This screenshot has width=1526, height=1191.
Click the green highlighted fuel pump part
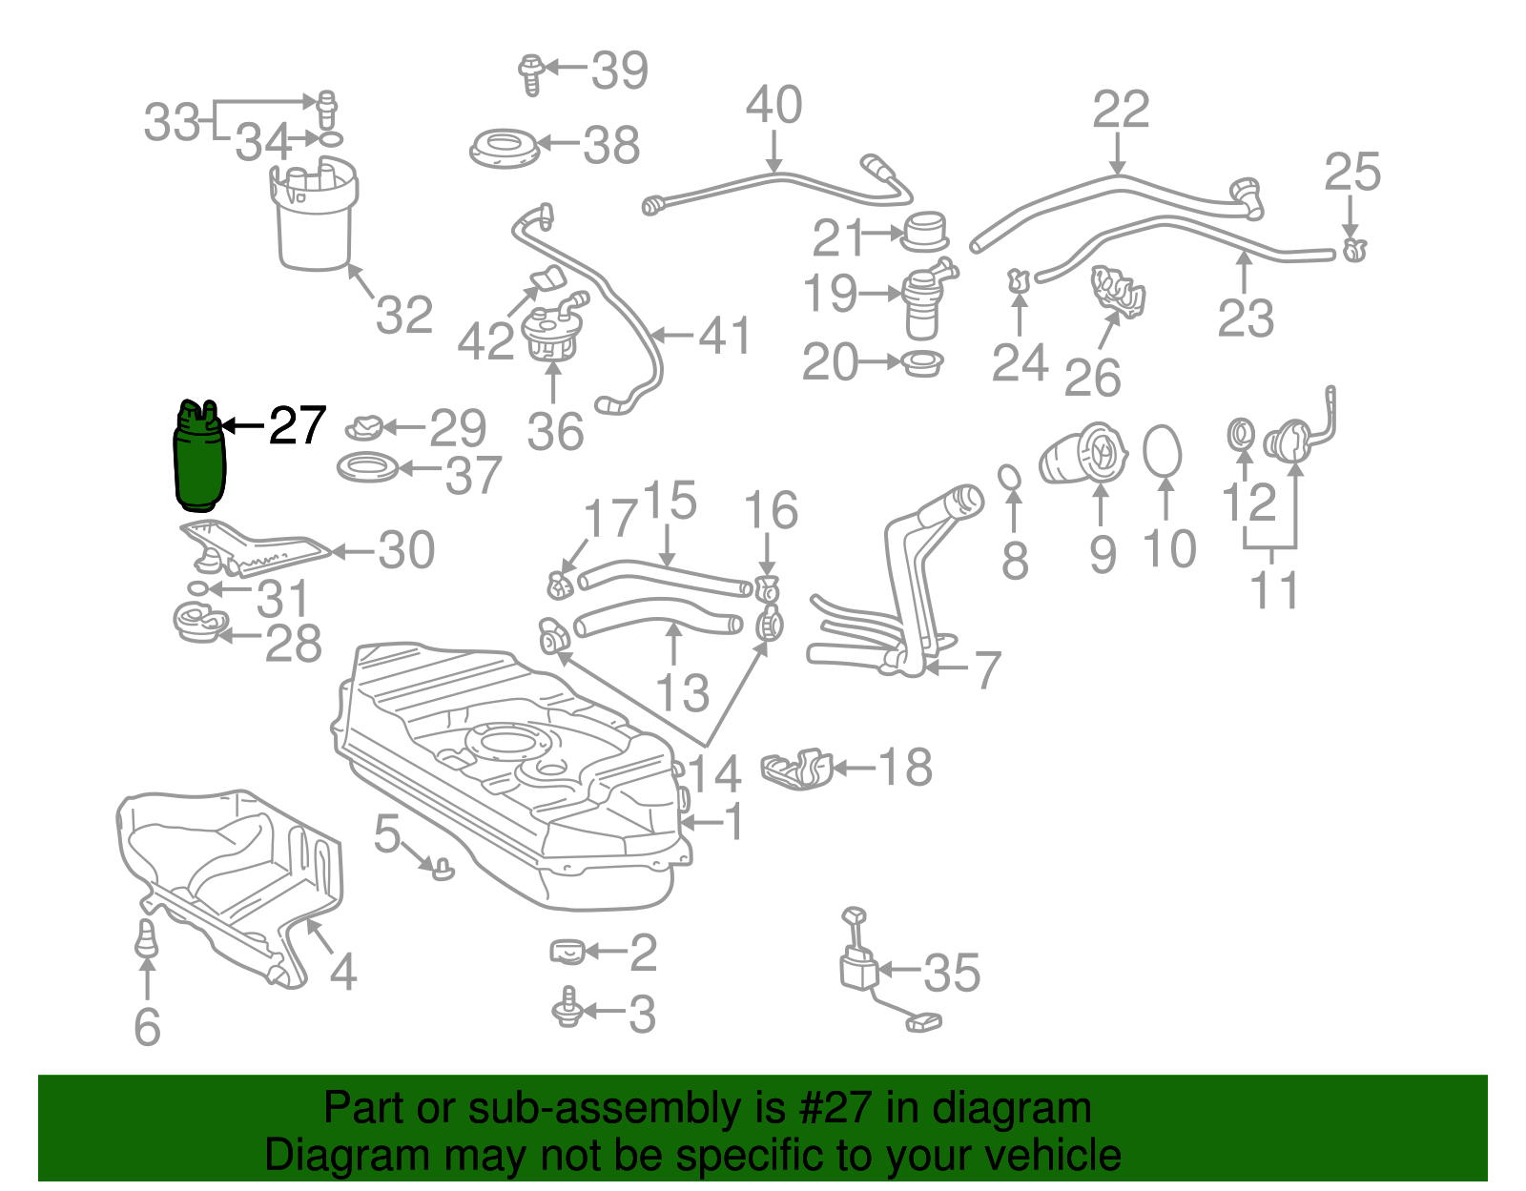click(199, 458)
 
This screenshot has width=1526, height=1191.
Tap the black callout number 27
click(298, 425)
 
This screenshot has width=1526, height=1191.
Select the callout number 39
click(620, 70)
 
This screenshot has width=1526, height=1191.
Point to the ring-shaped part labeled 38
click(505, 150)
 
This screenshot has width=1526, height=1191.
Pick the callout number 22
click(1121, 109)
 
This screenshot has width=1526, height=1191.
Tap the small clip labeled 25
click(1353, 251)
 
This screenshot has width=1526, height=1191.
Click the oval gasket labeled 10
click(1162, 450)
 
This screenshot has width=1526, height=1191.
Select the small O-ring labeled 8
click(1010, 475)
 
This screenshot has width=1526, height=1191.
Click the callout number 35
click(951, 973)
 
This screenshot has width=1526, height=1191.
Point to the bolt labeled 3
click(569, 1009)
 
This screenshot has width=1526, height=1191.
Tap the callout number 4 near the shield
click(342, 972)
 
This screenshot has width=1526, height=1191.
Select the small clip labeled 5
click(443, 868)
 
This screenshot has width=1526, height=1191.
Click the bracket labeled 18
click(796, 769)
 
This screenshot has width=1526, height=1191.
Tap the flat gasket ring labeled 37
click(368, 468)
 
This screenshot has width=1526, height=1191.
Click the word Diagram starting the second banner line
click(321, 1156)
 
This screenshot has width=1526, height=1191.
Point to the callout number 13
click(682, 692)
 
